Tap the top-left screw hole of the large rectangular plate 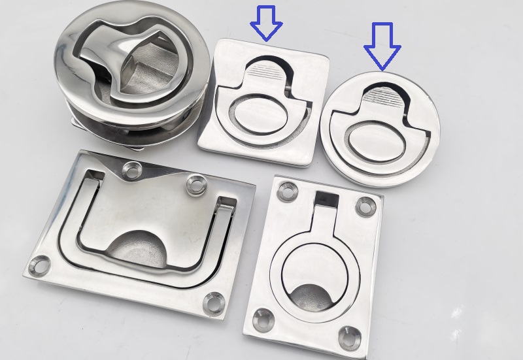point(133,171)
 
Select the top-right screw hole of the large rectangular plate point(195,185)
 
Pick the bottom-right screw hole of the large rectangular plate point(213,303)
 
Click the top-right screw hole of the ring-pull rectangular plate point(365,207)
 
